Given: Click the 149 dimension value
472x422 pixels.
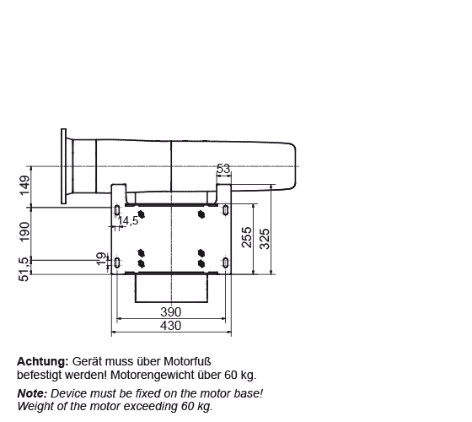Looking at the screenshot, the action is [x=24, y=186].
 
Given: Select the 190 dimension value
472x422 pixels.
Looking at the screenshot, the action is [x=24, y=231].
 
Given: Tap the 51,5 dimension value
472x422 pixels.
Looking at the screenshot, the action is [x=24, y=269].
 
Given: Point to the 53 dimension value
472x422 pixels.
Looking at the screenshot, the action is [x=223, y=169].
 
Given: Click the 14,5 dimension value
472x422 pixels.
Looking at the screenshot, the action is [x=128, y=221].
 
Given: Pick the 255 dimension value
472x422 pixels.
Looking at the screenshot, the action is [x=246, y=237].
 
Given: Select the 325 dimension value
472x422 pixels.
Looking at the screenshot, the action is [x=265, y=239].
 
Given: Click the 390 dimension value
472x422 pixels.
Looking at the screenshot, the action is [x=170, y=312].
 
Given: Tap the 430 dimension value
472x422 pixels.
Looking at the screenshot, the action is [x=170, y=326].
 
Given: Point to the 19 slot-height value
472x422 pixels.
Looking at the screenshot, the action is [x=101, y=259].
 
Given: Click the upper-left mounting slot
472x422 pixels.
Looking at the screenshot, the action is [x=117, y=210].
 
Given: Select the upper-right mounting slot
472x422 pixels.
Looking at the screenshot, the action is [x=226, y=210].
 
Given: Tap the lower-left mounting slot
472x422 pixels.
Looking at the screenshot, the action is [x=117, y=262].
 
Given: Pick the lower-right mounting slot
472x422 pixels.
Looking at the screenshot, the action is [x=226, y=262].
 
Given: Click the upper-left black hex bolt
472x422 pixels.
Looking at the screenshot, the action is [x=142, y=214].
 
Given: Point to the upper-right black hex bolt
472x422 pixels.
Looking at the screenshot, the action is [x=201, y=214].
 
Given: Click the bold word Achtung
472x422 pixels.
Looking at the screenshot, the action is [x=43, y=361].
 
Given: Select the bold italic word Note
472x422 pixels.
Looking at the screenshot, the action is [x=32, y=393].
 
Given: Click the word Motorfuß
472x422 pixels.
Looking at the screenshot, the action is [x=187, y=361].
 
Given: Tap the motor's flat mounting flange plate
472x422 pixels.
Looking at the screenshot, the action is [x=63, y=166].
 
